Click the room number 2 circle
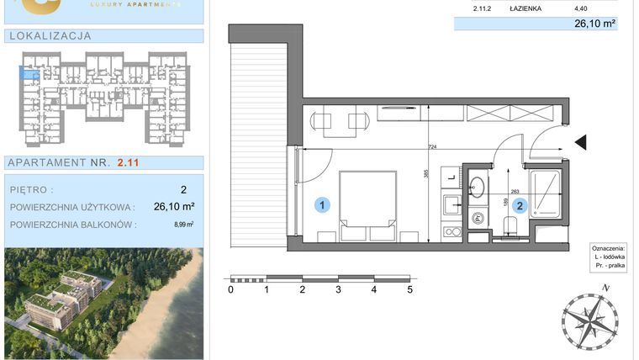(520, 204)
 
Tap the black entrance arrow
(580, 144)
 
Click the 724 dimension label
(433, 148)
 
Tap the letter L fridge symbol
(452, 177)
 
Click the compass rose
(589, 321)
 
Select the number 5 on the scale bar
(410, 290)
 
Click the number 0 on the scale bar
(231, 290)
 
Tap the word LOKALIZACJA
(48, 36)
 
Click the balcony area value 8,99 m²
(184, 225)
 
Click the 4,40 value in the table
(580, 9)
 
